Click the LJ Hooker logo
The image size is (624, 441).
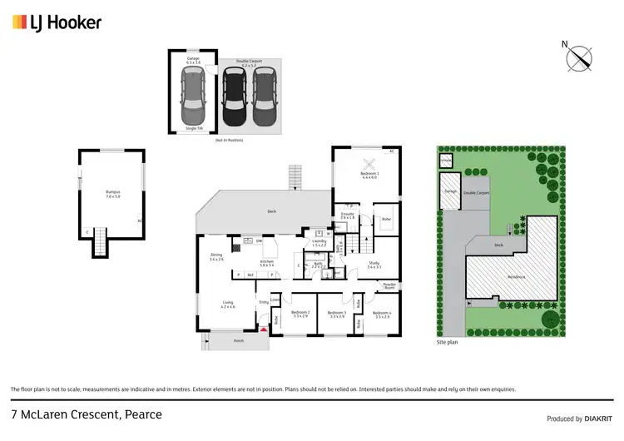tap(57, 22)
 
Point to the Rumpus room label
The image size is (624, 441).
tap(112, 194)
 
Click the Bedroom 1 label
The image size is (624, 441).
tap(369, 174)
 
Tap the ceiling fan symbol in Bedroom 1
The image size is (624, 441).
tap(369, 163)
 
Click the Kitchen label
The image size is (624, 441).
tap(267, 262)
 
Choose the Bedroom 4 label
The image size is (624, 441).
tap(383, 315)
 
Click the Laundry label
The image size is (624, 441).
tap(318, 243)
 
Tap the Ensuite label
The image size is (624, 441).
tap(348, 215)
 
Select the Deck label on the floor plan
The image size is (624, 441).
tap(271, 211)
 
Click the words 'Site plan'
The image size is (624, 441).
tap(448, 342)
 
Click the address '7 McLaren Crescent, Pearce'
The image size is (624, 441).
tap(86, 414)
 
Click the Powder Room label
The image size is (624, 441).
tap(389, 285)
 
